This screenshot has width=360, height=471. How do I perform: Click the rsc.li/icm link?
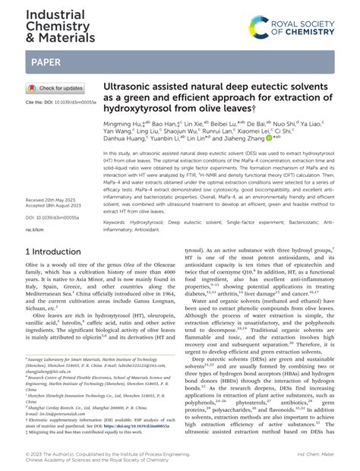pyautogui.click(x=36, y=229)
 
